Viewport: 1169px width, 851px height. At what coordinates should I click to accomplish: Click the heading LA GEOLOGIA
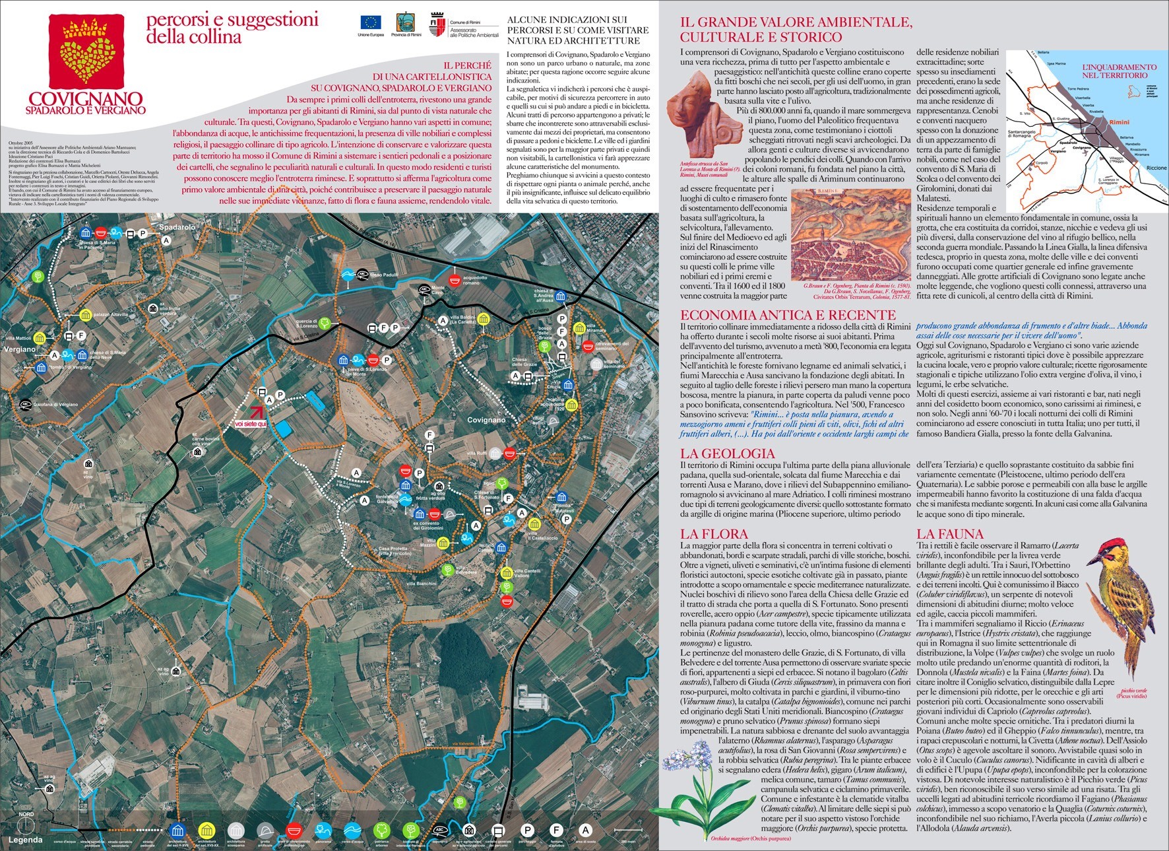pyautogui.click(x=727, y=454)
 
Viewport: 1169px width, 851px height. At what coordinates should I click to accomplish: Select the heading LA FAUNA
pyautogui.click(x=949, y=534)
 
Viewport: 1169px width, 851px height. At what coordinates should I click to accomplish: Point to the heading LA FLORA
pyautogui.click(x=714, y=534)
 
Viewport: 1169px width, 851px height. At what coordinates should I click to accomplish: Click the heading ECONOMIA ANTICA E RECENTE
pyautogui.click(x=788, y=315)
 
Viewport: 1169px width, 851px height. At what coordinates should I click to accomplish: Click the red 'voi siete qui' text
pyautogui.click(x=250, y=424)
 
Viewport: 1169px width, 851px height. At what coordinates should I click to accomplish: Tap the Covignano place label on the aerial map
pyautogui.click(x=486, y=420)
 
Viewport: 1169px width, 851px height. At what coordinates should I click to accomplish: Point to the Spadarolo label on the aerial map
pyautogui.click(x=177, y=227)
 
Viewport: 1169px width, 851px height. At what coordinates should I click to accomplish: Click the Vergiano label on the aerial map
pyautogui.click(x=19, y=349)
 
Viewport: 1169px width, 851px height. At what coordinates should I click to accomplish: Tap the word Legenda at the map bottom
pyautogui.click(x=25, y=840)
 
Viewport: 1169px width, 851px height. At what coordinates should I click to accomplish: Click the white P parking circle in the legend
pyautogui.click(x=527, y=830)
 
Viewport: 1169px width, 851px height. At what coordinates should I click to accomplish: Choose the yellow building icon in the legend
pyautogui.click(x=206, y=831)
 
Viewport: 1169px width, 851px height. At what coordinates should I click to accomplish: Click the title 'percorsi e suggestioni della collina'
pyautogui.click(x=232, y=28)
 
